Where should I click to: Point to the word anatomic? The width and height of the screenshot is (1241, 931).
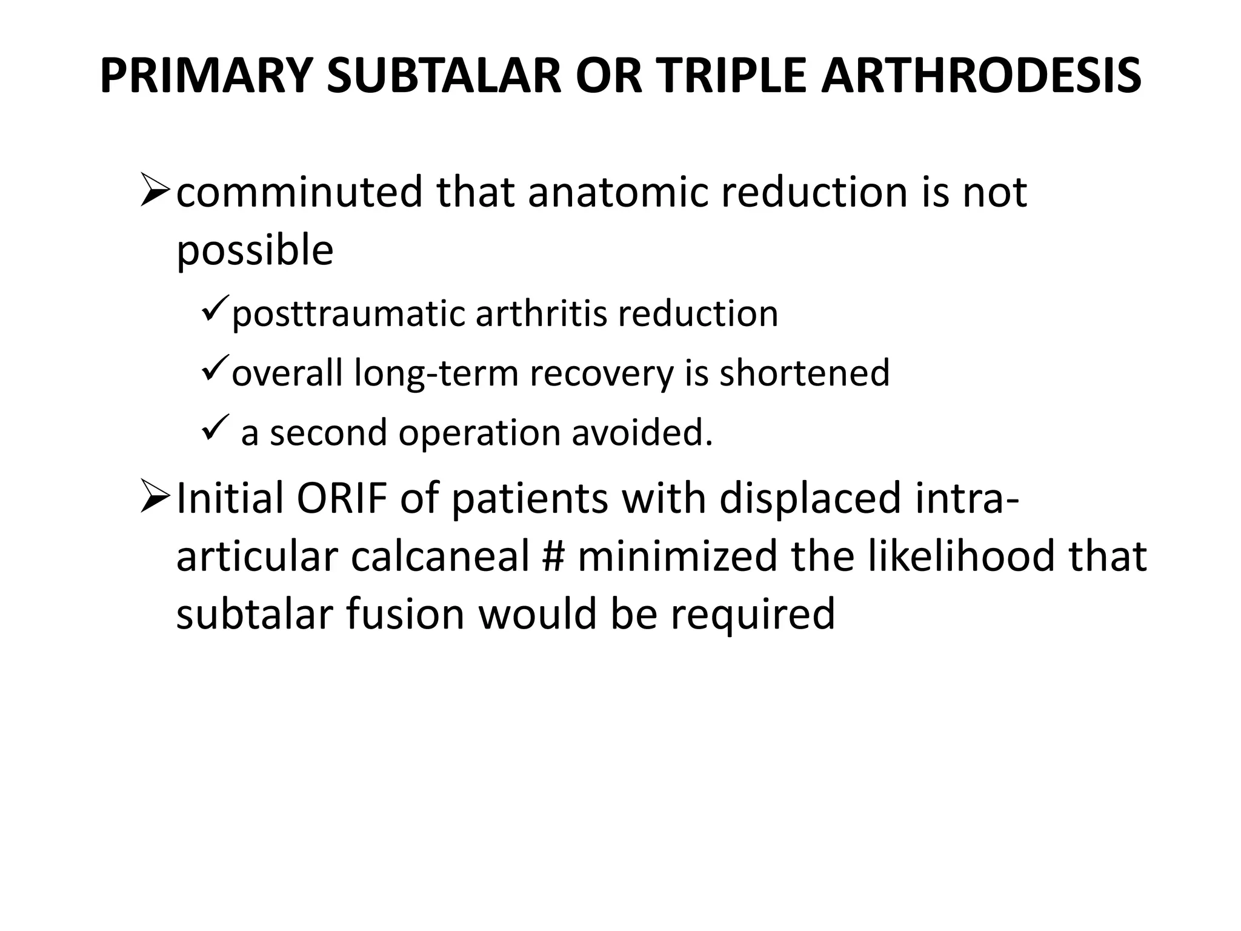pos(618,192)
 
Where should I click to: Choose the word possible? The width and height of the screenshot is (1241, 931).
pos(255,250)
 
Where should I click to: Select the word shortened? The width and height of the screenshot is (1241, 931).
pos(804,373)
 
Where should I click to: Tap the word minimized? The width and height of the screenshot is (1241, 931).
pos(677,556)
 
